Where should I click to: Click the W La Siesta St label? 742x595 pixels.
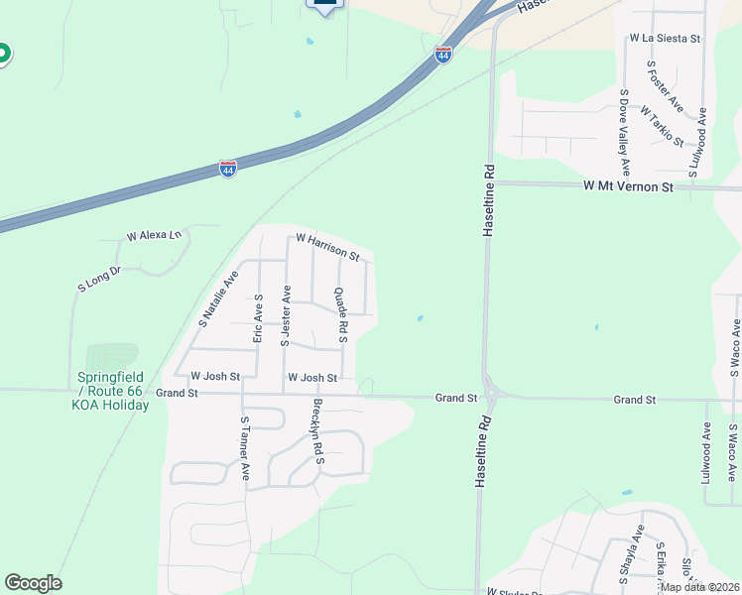[x=665, y=39]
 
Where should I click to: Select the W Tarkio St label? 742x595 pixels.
[x=662, y=126]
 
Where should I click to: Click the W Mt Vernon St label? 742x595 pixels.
[x=628, y=186]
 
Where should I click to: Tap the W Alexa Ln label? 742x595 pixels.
[x=154, y=236]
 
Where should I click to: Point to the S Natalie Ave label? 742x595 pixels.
[x=218, y=298]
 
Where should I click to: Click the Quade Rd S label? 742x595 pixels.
[x=339, y=315]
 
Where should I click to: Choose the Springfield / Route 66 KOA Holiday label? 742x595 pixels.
[x=111, y=391]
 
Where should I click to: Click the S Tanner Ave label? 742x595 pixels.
[x=244, y=447]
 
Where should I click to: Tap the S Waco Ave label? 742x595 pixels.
[x=734, y=346]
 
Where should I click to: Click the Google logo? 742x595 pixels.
[x=33, y=583]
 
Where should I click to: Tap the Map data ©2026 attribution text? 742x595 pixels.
[x=698, y=587]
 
